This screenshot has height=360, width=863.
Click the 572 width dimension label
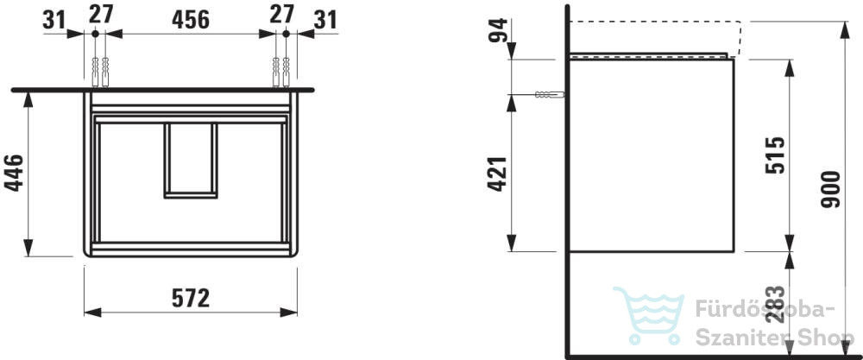tap(191, 299)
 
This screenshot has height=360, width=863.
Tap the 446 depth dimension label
tap(15, 173)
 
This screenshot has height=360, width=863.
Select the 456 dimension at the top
tap(191, 20)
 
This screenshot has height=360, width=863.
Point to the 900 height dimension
tap(830, 189)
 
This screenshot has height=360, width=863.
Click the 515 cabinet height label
tap(775, 155)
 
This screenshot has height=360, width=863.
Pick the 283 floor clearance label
tap(775, 304)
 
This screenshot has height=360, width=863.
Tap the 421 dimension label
tap(498, 174)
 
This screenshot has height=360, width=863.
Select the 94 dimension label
tap(498, 30)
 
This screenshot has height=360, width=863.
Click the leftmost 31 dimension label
tap(54, 21)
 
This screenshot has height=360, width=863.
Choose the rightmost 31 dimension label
tap(324, 21)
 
